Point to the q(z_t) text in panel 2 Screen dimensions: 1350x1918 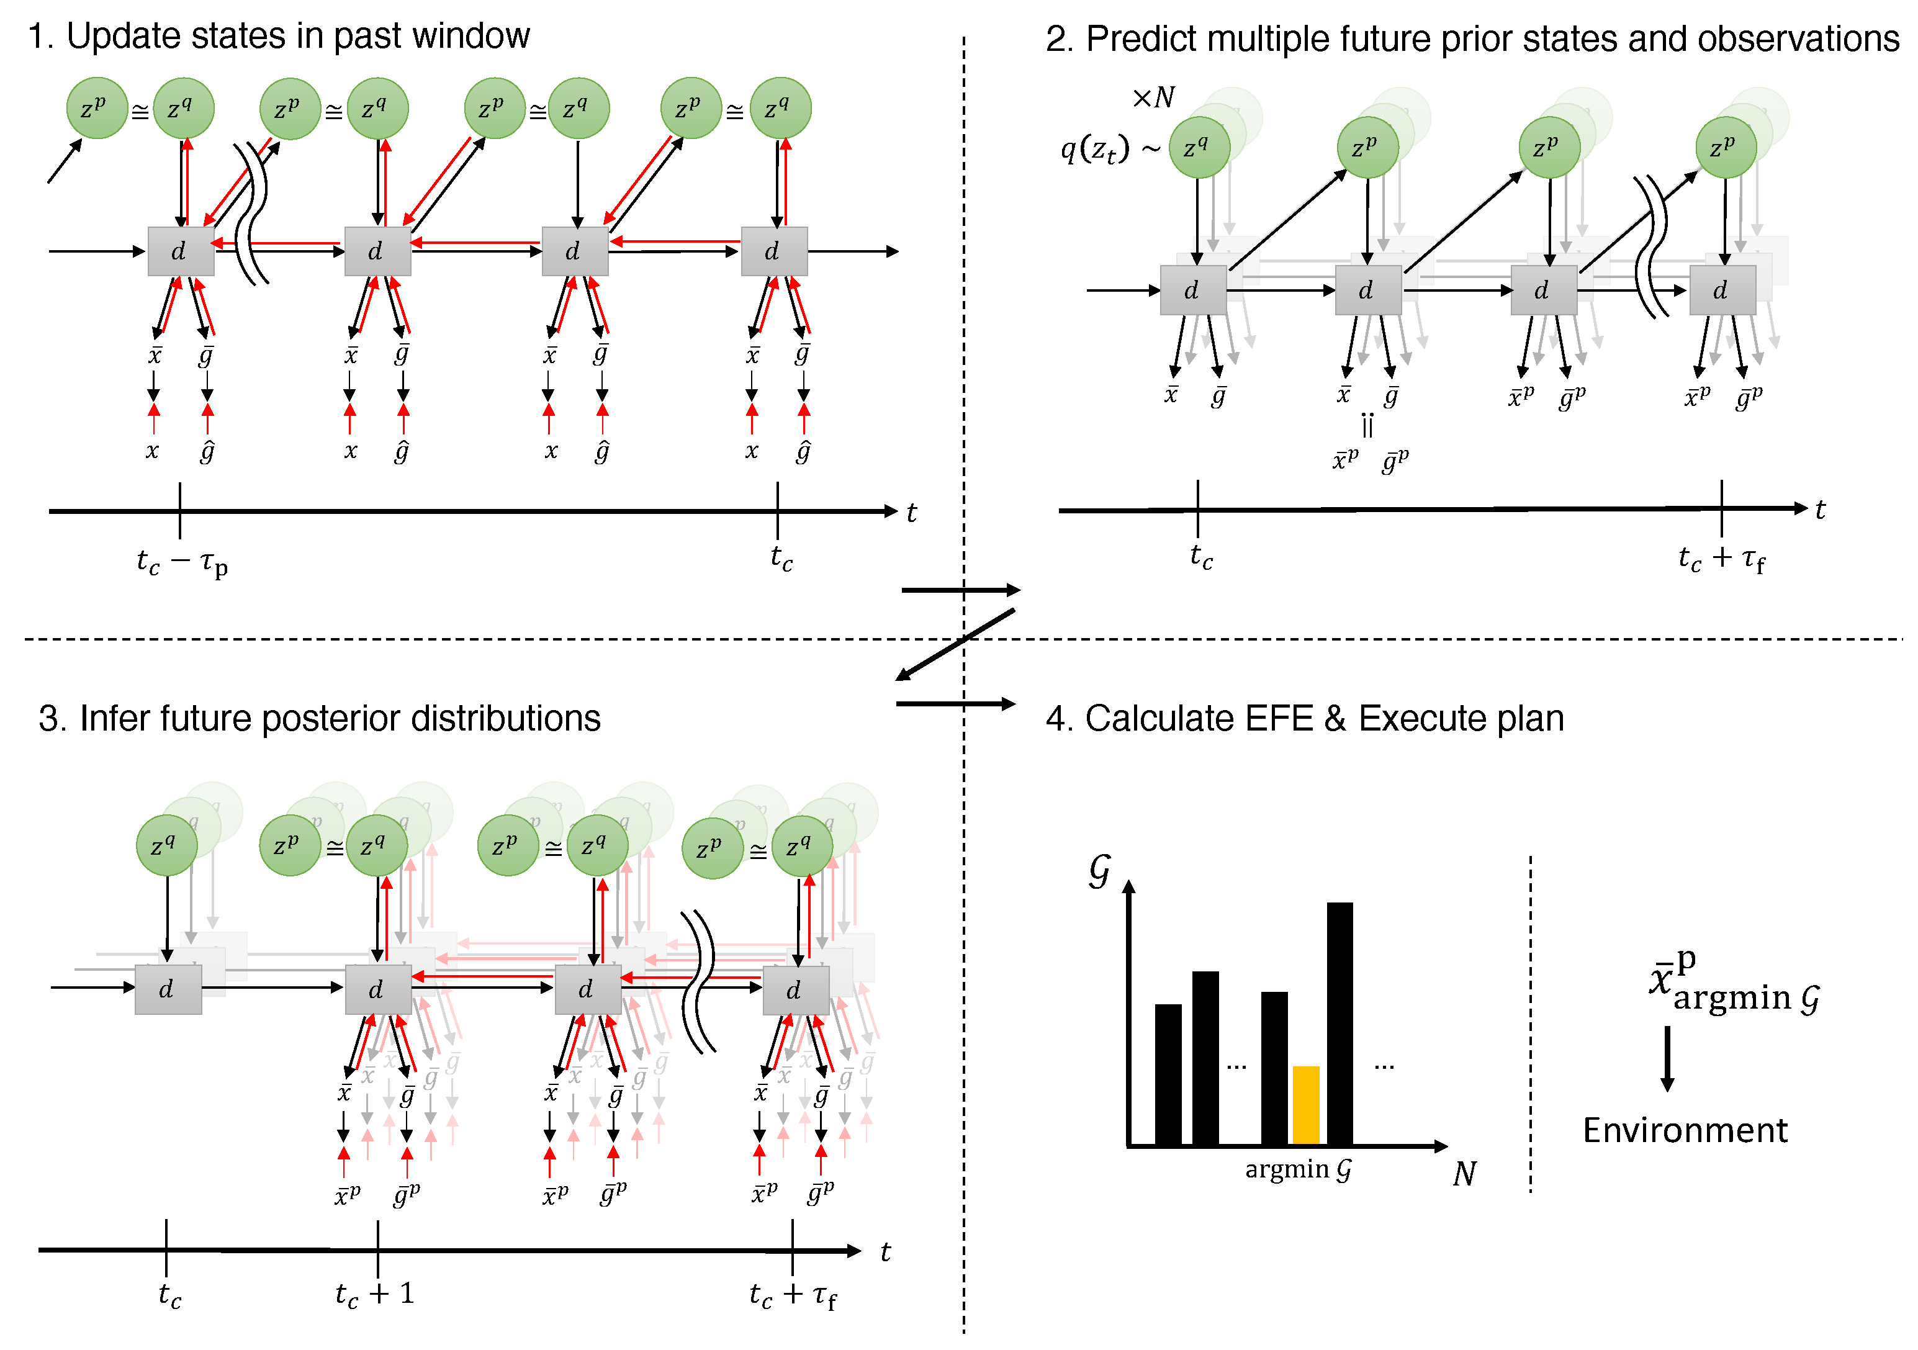tap(1094, 150)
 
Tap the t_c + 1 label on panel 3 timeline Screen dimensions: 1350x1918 tap(374, 1294)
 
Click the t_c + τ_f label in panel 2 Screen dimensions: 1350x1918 tap(1721, 559)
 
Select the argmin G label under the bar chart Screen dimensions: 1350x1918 tap(1297, 1169)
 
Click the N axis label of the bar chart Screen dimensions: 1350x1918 tap(1464, 1174)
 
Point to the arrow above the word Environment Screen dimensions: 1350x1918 tap(1667, 1058)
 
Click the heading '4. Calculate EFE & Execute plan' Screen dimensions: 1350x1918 tap(1304, 718)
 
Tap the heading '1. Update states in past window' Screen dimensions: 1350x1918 tap(279, 36)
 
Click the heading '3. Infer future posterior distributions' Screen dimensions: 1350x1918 tap(319, 718)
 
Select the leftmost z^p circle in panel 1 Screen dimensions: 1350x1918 tap(97, 108)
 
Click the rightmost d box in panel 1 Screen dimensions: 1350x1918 tap(773, 251)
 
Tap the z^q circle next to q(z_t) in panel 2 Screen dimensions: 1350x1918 tap(1199, 148)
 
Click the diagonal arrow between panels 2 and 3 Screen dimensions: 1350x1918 tap(955, 644)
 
